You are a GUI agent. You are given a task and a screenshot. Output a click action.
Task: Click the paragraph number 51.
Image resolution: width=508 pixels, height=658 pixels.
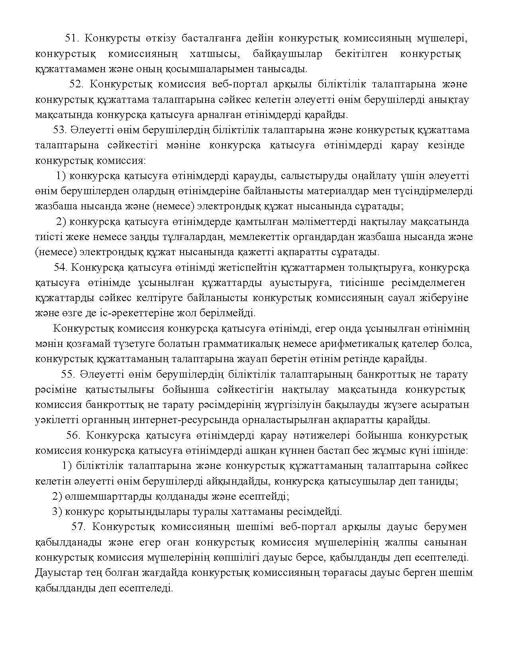[72, 38]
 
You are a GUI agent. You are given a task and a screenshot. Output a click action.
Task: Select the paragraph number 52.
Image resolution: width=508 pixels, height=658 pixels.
[77, 84]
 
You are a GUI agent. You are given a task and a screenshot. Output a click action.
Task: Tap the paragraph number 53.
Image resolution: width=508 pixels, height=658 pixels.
[60, 130]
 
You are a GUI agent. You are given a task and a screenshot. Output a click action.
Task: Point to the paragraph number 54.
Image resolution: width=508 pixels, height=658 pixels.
[61, 267]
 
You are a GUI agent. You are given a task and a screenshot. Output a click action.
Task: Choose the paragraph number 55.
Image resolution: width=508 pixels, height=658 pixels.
[68, 374]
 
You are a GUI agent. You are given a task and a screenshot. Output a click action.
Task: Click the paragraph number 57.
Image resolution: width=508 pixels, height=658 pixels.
[78, 526]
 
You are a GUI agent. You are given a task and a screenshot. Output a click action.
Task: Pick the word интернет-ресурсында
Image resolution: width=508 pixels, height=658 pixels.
[174, 420]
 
